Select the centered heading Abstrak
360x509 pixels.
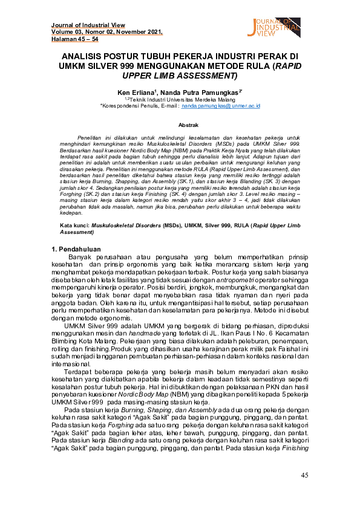pos(180,125)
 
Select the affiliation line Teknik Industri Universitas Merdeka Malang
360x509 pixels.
pos(180,98)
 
